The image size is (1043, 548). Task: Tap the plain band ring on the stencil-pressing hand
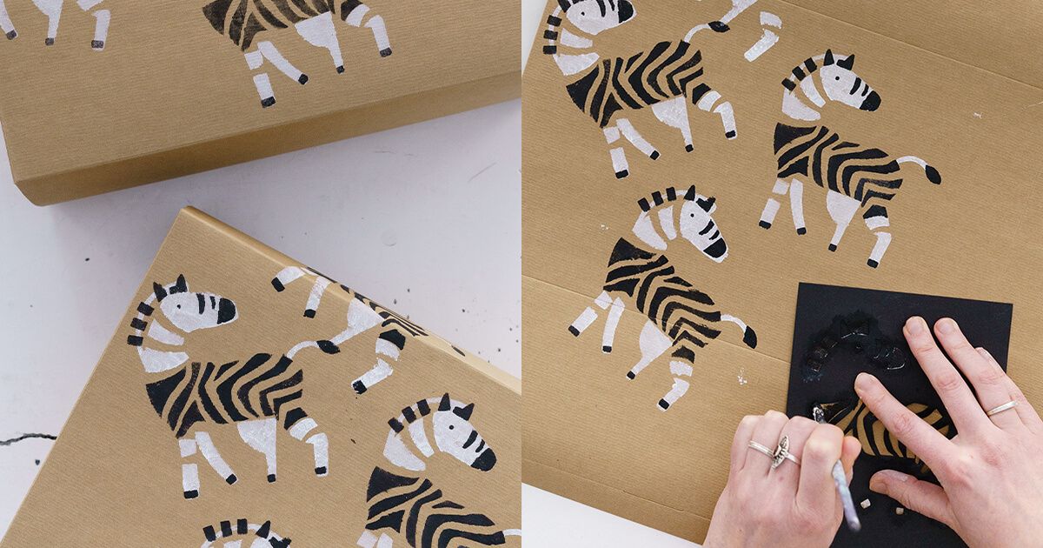coord(1001,407)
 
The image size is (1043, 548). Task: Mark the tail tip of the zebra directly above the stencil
coord(749,337)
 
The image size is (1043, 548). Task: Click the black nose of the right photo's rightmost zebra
coord(870,100)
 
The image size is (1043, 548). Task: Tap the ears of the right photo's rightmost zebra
coord(835,59)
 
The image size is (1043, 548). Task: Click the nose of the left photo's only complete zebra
coord(225,310)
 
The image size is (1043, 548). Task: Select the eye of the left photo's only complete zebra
coord(203,302)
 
